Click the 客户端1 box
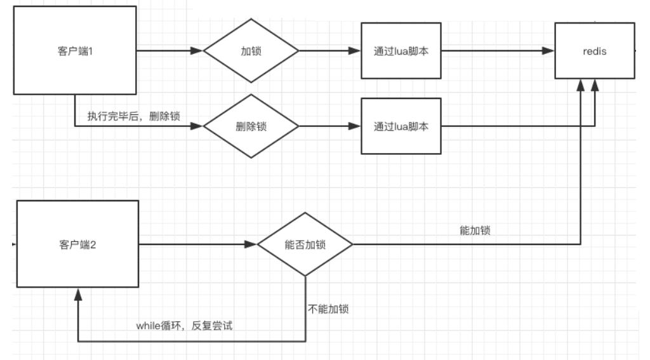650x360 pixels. pyautogui.click(x=75, y=51)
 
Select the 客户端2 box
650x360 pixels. pyautogui.click(x=77, y=244)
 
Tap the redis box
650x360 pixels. pyautogui.click(x=594, y=51)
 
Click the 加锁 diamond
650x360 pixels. pyautogui.click(x=251, y=51)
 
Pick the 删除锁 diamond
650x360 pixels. pyautogui.click(x=251, y=126)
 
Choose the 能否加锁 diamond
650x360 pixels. pyautogui.click(x=305, y=244)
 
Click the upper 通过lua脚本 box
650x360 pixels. pyautogui.click(x=401, y=51)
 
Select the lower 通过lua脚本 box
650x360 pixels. pyautogui.click(x=401, y=126)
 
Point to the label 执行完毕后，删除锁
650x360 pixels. pyautogui.click(x=133, y=116)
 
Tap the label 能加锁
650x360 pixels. pyautogui.click(x=474, y=231)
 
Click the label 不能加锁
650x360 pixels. pyautogui.click(x=328, y=310)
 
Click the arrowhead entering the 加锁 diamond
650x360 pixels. pyautogui.click(x=197, y=51)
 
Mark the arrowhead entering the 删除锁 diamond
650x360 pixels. pyautogui.click(x=197, y=126)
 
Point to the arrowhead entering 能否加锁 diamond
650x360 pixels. pyautogui.click(x=251, y=244)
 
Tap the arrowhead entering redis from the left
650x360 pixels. pyautogui.click(x=548, y=51)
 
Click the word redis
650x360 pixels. pyautogui.click(x=594, y=51)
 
